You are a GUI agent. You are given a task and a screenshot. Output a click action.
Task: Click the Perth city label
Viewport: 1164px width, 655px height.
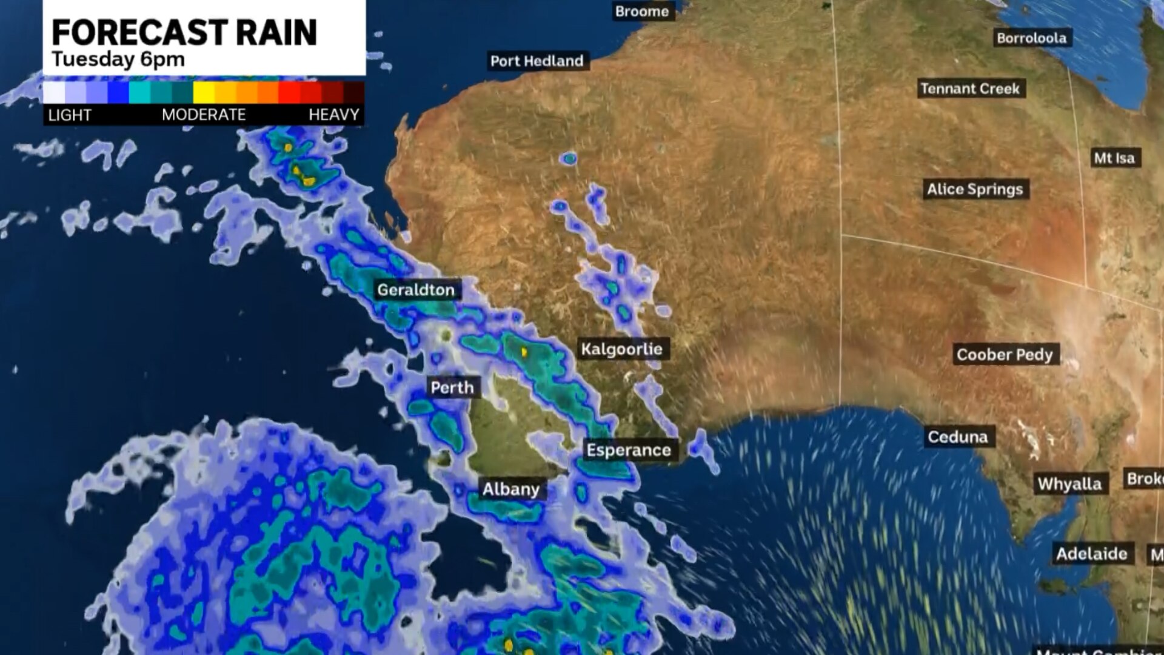coord(452,388)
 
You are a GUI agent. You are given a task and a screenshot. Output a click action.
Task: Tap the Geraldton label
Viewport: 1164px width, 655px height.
coord(416,290)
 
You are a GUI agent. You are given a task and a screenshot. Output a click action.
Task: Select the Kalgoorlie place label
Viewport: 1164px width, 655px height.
coord(621,349)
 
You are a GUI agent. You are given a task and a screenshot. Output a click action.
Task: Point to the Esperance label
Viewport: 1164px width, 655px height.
coord(629,450)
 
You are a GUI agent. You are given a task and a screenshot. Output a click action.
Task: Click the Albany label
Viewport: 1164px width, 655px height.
coord(510,489)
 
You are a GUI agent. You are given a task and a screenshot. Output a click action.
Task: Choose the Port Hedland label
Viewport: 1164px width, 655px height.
coord(537,61)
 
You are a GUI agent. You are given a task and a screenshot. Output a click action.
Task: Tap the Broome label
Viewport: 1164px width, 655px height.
coord(641,12)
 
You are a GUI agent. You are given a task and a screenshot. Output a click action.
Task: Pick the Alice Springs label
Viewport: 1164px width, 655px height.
coord(974,189)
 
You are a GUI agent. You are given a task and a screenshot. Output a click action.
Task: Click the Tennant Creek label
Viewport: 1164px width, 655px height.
coord(970,89)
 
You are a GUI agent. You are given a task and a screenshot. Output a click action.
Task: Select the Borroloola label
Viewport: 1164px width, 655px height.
coord(1031,38)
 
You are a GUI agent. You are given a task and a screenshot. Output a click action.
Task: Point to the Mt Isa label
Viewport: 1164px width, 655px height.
coord(1114,158)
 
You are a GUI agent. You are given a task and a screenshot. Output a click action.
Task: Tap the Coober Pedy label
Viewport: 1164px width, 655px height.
coord(1005,355)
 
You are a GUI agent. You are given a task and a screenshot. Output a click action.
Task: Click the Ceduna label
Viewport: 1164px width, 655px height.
coord(957,437)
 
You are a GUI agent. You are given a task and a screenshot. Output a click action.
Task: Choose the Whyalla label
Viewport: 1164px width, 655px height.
coord(1069,484)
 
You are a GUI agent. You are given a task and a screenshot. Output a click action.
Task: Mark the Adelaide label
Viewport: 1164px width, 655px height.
coord(1091,554)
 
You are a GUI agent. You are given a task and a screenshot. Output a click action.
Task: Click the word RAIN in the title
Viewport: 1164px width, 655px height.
coord(276,33)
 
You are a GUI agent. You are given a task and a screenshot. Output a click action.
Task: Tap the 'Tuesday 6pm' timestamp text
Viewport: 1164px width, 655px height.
coord(118,59)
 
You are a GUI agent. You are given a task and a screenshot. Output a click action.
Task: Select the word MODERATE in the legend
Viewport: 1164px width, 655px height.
coord(204,115)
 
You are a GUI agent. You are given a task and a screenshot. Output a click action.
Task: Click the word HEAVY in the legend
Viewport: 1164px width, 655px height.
coord(333,115)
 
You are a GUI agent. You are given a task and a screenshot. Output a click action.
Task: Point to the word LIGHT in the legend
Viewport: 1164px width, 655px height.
coord(70,115)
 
